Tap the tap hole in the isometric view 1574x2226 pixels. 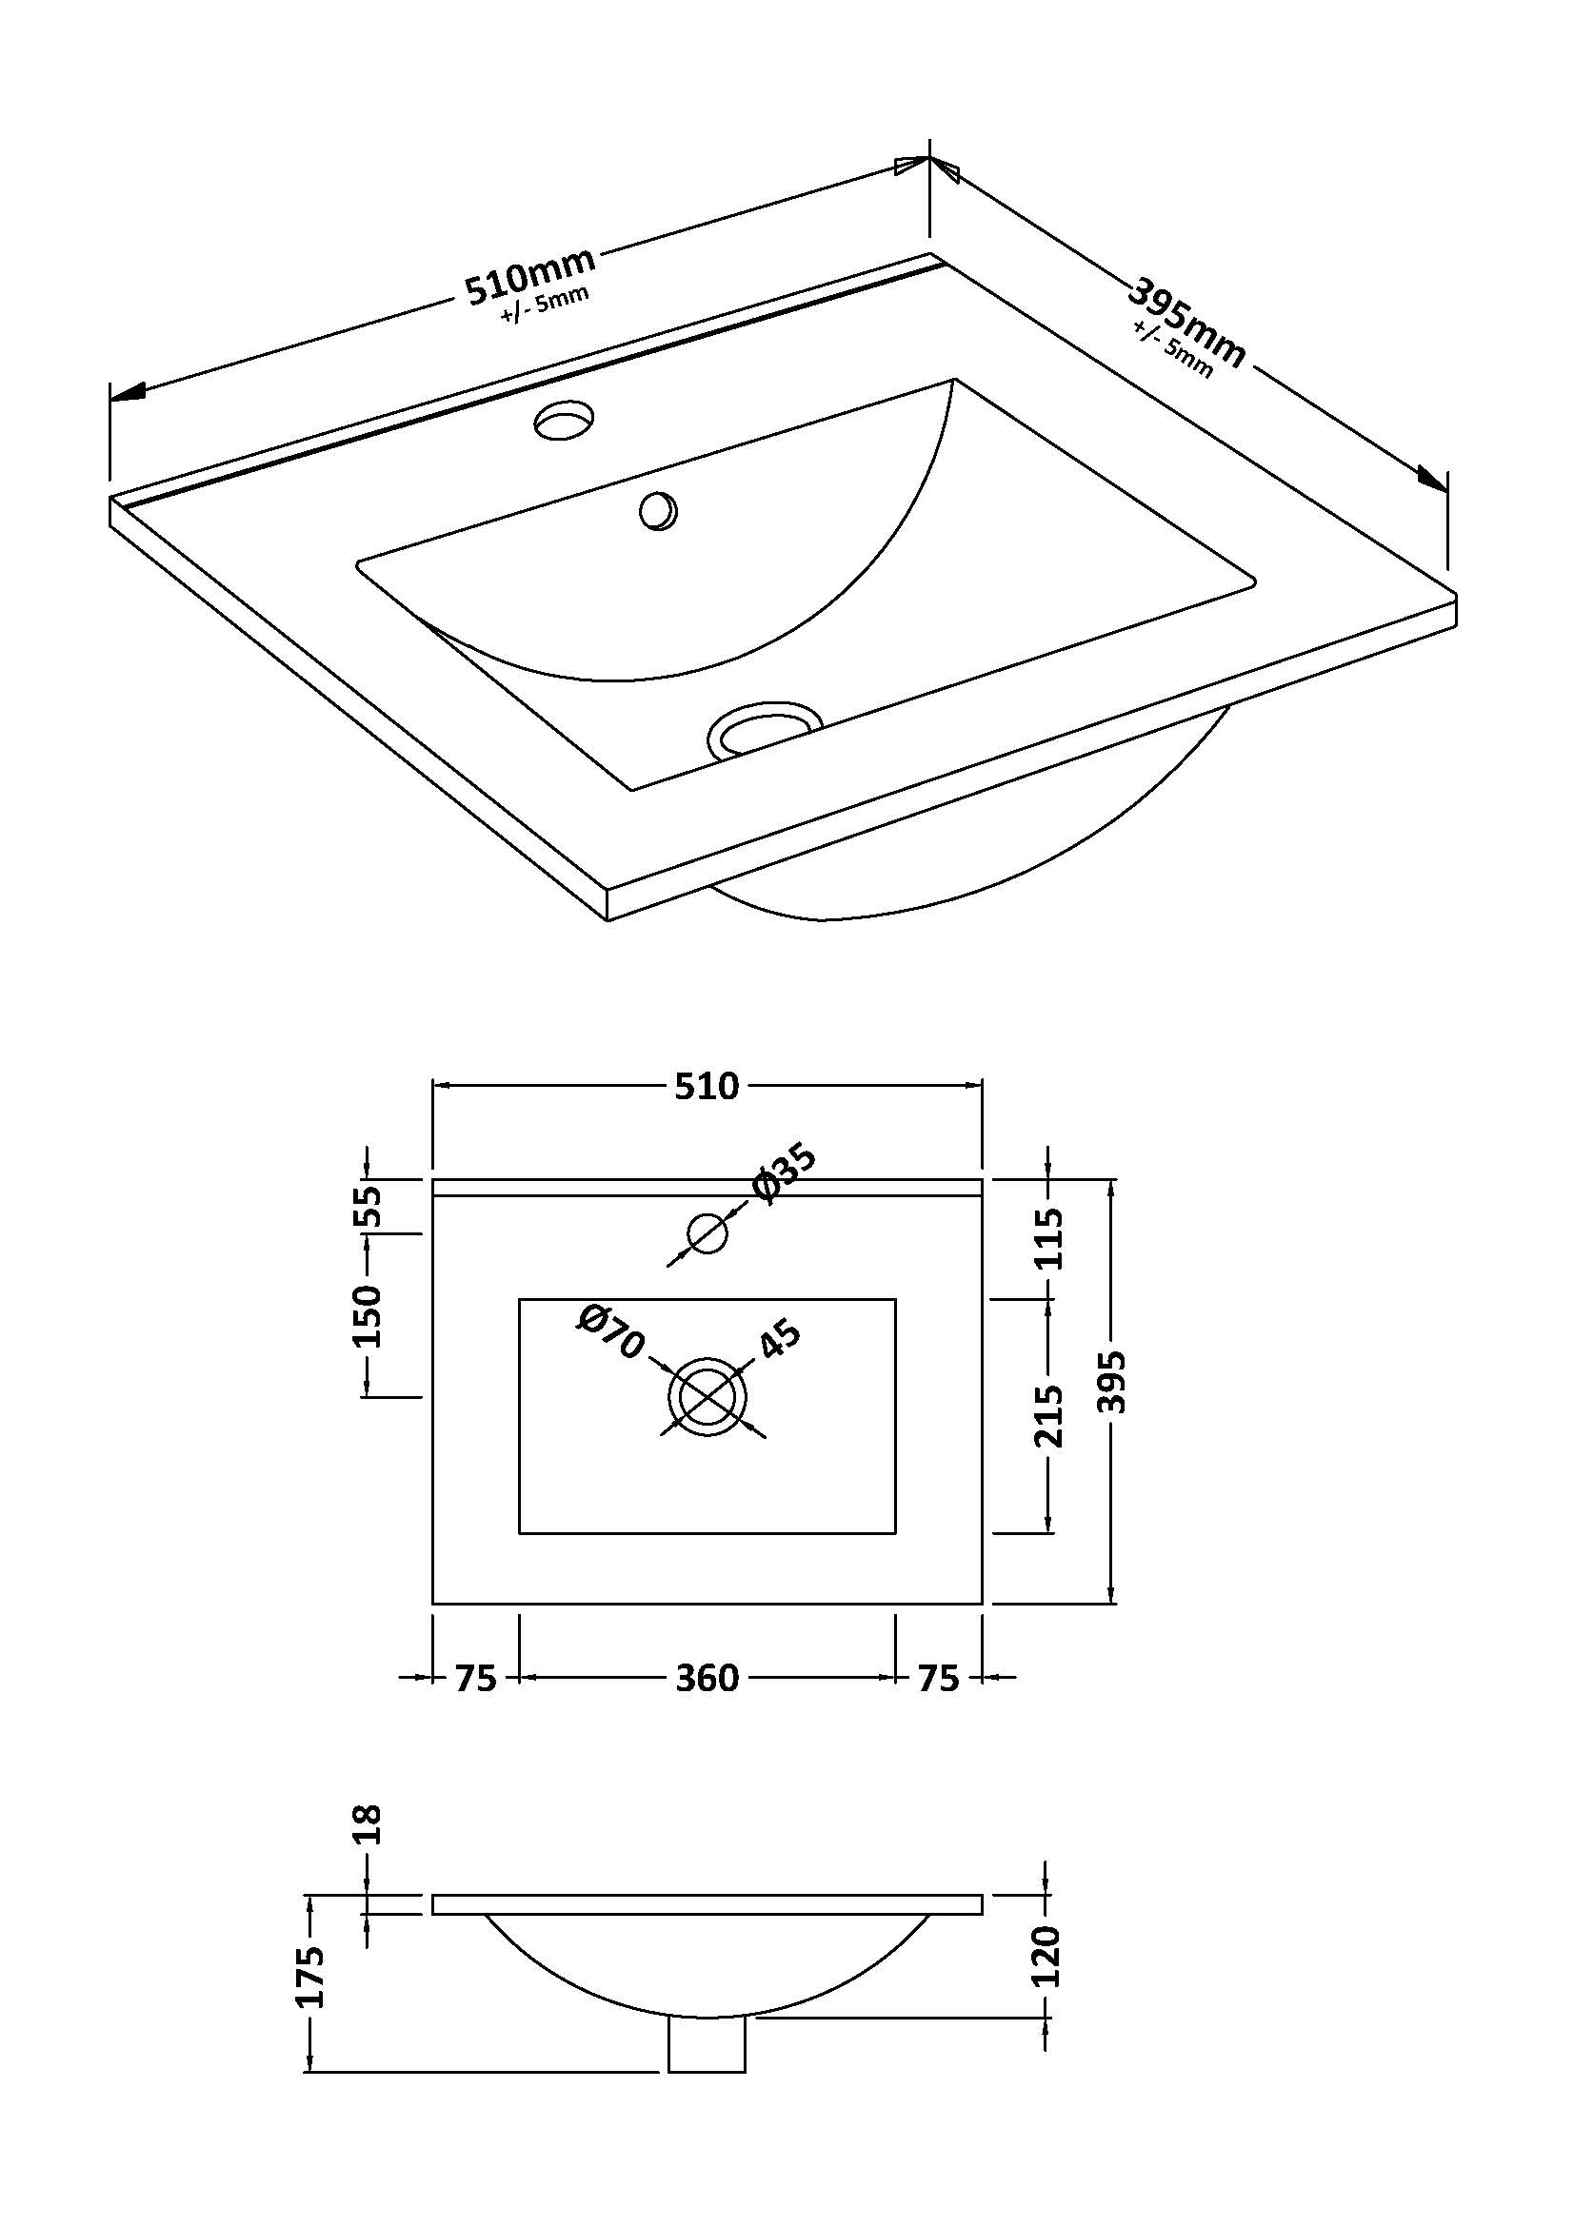(566, 421)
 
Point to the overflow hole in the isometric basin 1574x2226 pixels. (659, 511)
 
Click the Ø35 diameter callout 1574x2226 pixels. (785, 1174)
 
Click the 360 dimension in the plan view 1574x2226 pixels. (707, 1677)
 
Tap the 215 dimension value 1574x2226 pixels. (1049, 1416)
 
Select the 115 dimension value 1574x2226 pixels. (1049, 1238)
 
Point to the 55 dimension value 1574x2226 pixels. (368, 1206)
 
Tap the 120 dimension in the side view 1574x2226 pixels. (1047, 1956)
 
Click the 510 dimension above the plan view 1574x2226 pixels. (707, 1086)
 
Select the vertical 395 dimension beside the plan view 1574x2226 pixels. (1113, 1382)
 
